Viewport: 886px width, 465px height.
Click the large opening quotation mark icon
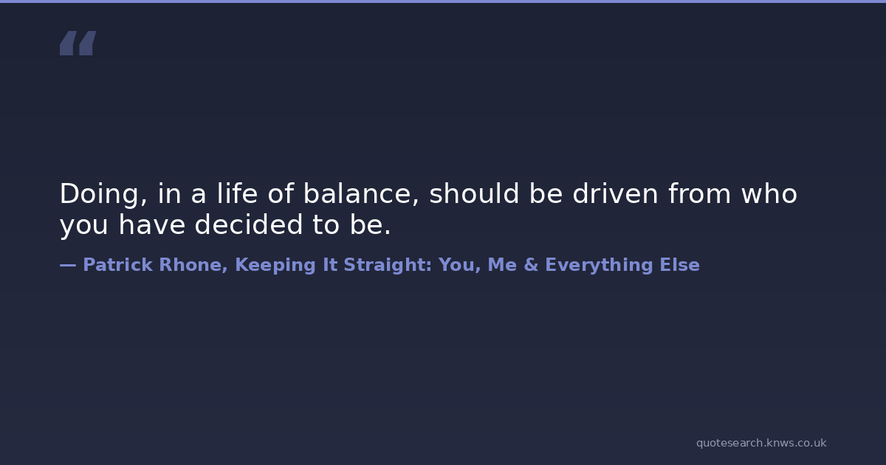coord(78,43)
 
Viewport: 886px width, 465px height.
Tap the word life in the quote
coord(237,193)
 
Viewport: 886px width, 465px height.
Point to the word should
coord(474,193)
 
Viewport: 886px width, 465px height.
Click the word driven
coord(615,193)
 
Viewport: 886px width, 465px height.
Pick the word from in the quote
coord(699,193)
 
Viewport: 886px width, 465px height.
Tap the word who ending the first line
coord(769,193)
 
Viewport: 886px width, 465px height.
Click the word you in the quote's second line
coord(84,226)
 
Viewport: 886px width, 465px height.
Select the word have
coord(152,224)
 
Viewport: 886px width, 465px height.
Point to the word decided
coord(249,224)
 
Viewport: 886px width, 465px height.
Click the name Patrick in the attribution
coord(118,264)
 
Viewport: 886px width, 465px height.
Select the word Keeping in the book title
coord(275,266)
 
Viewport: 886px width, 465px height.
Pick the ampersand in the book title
coord(531,265)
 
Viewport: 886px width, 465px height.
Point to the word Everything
coord(599,266)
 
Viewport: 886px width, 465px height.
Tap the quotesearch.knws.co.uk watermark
coord(761,444)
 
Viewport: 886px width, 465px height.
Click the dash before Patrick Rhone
coord(68,265)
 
